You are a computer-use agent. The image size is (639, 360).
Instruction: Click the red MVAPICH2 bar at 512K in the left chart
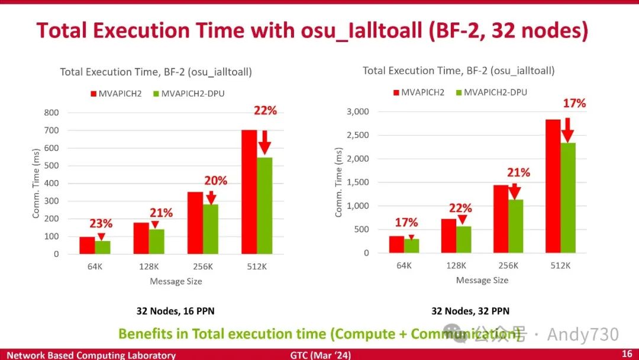click(249, 192)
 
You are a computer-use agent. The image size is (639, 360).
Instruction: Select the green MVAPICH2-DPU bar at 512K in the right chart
click(567, 198)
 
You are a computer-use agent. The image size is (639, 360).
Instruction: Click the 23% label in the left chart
click(101, 224)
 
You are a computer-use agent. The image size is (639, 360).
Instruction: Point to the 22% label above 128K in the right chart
click(460, 208)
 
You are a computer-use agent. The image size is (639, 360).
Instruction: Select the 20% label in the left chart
click(215, 181)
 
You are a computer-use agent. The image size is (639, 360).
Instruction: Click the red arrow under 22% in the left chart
click(264, 142)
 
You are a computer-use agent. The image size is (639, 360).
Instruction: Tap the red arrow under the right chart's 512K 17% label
click(567, 128)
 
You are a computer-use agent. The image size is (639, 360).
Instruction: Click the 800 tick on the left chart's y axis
click(52, 112)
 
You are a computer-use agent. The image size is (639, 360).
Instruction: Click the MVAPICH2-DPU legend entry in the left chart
click(186, 93)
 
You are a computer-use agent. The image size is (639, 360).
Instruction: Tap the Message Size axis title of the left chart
click(176, 281)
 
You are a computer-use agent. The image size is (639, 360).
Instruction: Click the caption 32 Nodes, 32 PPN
click(470, 311)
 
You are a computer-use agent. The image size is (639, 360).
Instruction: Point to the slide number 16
click(627, 354)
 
